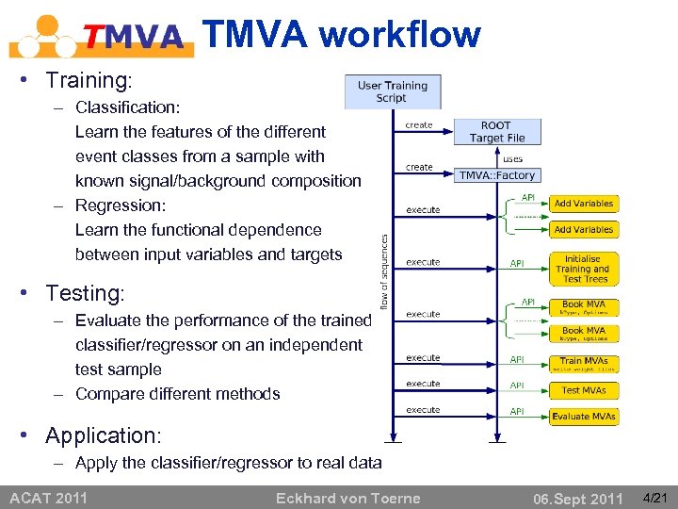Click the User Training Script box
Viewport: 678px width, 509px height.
point(391,91)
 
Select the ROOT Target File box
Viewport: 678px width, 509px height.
point(497,132)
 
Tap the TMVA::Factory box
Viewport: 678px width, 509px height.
point(497,175)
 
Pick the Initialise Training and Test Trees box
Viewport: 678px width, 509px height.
point(585,269)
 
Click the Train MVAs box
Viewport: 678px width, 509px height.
point(585,364)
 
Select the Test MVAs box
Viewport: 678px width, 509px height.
point(585,390)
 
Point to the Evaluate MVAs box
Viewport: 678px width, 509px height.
point(585,417)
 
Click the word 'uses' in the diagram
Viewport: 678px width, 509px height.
point(512,158)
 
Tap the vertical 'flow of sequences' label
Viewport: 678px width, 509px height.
point(384,271)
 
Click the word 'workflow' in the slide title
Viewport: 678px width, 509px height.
point(399,35)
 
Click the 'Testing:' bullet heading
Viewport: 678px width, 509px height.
point(85,293)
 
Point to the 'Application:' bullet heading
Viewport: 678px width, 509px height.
point(104,435)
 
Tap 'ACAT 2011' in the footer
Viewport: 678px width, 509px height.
point(48,498)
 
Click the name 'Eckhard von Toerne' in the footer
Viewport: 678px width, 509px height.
point(347,498)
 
